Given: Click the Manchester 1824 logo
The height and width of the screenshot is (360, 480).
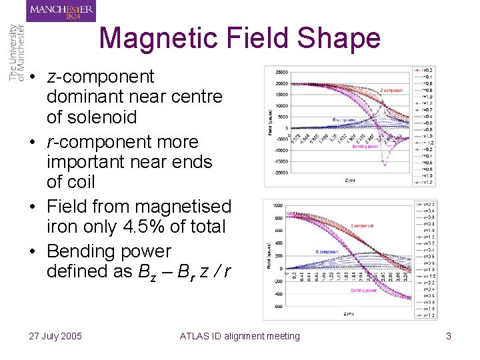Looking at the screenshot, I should click(61, 11).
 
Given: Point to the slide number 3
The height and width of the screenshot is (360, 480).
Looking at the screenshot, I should click(449, 336).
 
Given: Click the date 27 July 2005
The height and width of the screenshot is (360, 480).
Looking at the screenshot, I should click(55, 336).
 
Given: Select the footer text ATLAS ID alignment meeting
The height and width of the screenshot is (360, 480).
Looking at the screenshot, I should click(240, 336).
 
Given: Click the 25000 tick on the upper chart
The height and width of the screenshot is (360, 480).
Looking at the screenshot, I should click(281, 72).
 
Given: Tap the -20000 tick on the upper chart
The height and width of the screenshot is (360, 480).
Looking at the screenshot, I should click(280, 171).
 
